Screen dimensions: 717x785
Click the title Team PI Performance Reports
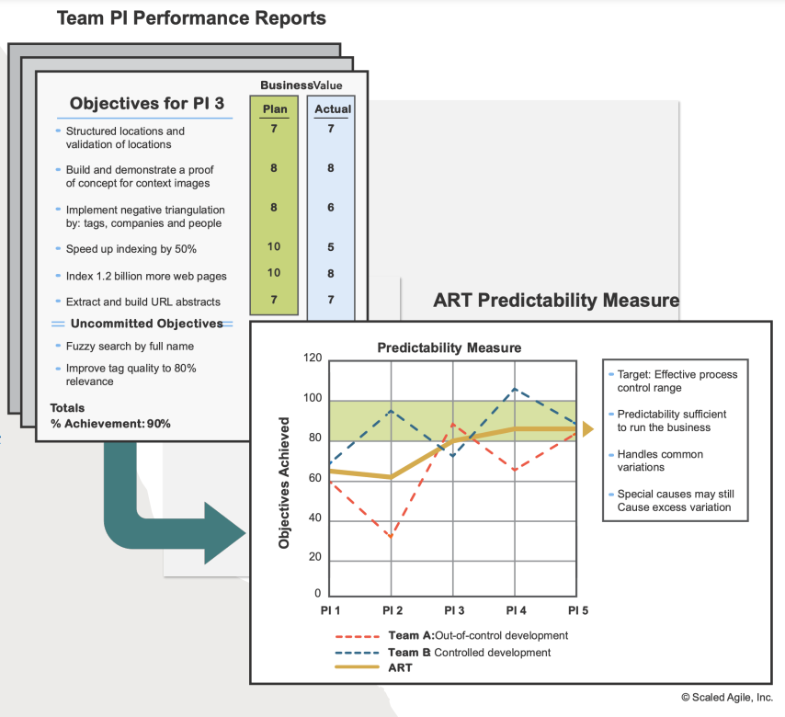pos(191,17)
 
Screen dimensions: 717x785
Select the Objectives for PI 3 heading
pos(147,103)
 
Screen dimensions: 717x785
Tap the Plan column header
pos(275,108)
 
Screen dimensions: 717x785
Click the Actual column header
pos(333,108)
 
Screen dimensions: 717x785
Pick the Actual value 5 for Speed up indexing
pos(331,247)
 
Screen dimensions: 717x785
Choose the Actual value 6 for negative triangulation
pos(331,208)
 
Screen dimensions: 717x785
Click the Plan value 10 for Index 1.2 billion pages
pos(274,273)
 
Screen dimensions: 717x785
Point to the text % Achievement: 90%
pos(110,424)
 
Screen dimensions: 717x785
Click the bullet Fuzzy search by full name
pos(130,347)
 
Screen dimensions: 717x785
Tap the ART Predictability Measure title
pos(556,301)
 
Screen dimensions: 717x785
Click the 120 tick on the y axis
pos(313,358)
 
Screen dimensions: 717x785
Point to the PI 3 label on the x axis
pos(454,610)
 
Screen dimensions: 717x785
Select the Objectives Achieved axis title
pos(285,483)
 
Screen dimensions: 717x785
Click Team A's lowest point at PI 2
pos(392,537)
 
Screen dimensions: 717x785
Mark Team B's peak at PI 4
pos(515,388)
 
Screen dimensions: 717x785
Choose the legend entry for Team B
pos(469,653)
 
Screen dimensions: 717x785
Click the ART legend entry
pos(401,668)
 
